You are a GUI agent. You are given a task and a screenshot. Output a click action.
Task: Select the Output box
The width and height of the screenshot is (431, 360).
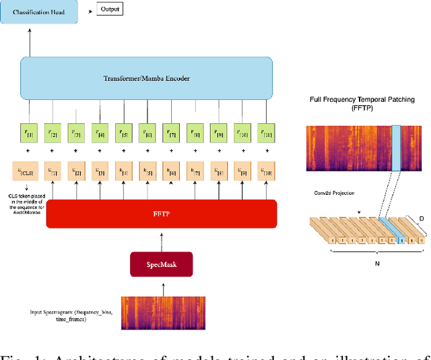tap(110, 9)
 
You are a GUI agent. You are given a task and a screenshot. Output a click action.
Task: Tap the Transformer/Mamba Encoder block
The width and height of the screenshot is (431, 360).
tap(146, 78)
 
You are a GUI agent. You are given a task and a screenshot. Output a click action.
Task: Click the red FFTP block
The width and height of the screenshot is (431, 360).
tap(161, 214)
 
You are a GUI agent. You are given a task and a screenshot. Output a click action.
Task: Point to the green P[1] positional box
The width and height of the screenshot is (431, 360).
tap(30, 133)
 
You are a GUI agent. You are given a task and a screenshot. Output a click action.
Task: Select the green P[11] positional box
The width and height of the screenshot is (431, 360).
tap(267, 133)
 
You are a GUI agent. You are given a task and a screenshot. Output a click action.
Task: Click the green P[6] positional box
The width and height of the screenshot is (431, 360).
tap(148, 133)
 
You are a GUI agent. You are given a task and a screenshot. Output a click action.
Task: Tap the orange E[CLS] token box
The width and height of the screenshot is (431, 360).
tap(30, 172)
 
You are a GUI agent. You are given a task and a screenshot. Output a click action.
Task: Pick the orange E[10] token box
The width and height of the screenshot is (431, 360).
tap(267, 172)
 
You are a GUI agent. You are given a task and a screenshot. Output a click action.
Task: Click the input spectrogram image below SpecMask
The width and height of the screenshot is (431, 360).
tap(162, 313)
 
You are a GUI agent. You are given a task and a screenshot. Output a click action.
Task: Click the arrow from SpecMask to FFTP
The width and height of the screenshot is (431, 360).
tap(162, 238)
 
